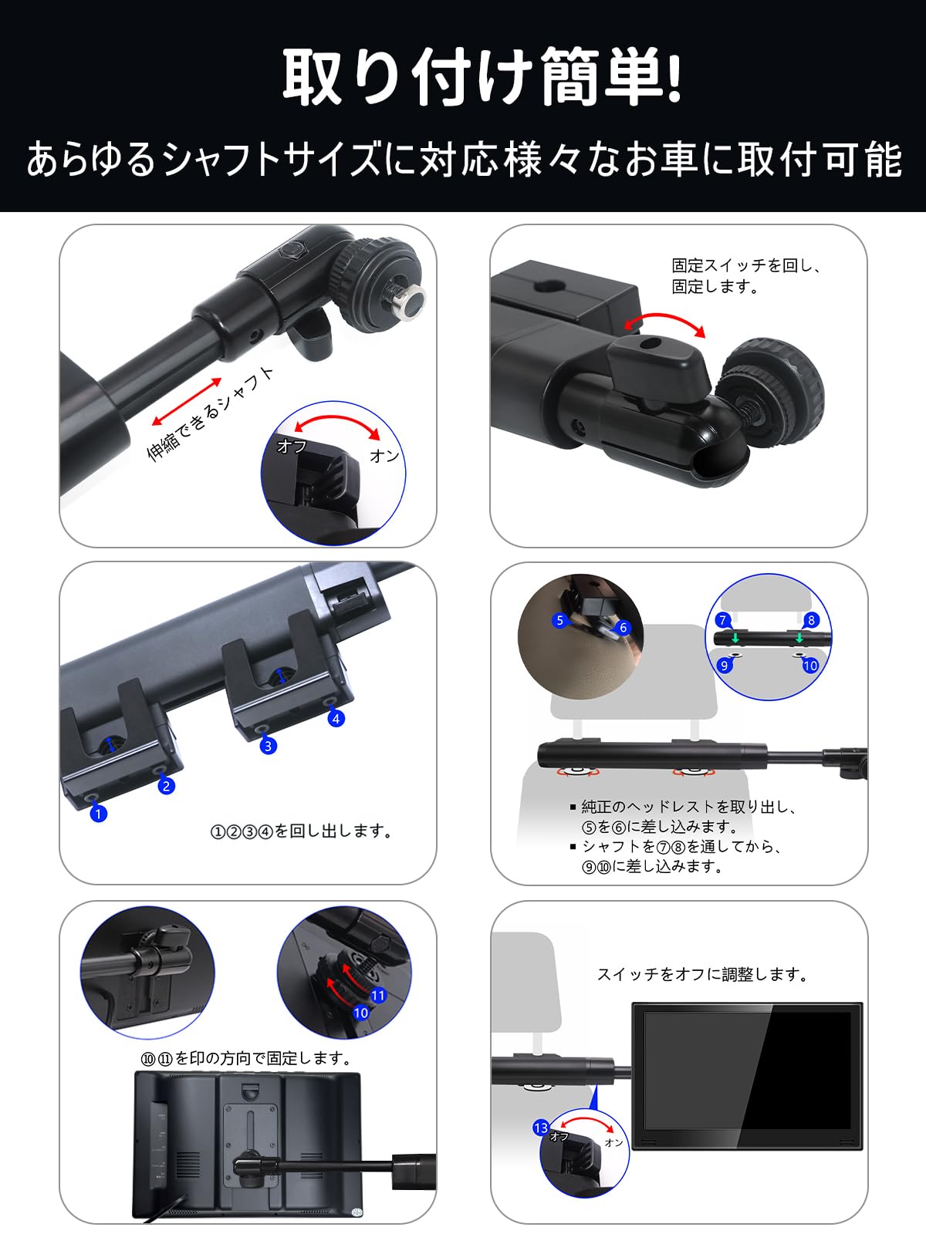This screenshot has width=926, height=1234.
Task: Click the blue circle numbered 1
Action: (98, 813)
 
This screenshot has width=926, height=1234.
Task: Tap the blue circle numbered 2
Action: (166, 786)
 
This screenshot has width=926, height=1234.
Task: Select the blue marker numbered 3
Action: (268, 746)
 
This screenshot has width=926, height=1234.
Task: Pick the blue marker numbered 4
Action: (336, 718)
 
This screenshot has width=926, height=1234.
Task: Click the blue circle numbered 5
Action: (560, 620)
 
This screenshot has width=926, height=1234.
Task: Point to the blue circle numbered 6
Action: (623, 628)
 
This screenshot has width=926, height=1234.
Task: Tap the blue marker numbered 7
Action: (723, 620)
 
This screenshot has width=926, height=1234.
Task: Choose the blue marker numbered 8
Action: (810, 620)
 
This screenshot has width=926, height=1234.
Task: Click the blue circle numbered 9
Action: (724, 665)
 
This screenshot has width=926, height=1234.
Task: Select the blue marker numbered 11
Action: (377, 996)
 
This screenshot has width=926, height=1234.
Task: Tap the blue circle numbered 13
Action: (541, 1128)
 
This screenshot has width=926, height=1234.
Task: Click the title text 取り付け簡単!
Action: (482, 77)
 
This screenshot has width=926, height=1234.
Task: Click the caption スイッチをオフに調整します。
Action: (703, 975)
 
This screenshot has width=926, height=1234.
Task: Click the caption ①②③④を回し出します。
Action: (302, 831)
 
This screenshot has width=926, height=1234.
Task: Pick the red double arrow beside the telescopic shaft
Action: (187, 401)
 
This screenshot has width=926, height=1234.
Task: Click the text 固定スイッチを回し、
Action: (745, 265)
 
